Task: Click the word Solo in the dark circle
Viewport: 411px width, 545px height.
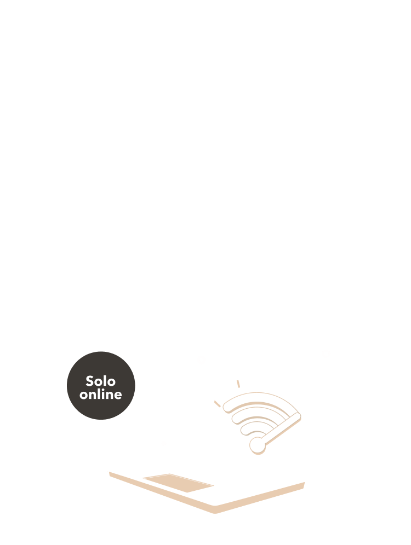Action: tap(101, 380)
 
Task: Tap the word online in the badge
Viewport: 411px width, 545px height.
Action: tap(101, 394)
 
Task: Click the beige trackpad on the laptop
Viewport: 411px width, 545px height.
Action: tap(178, 483)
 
